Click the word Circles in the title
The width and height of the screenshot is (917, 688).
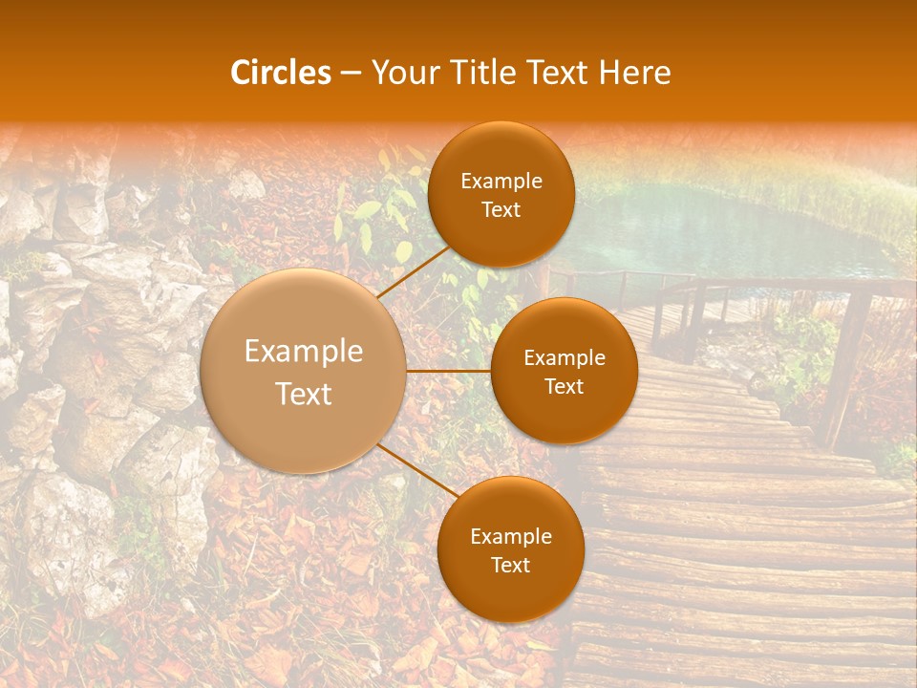[280, 73]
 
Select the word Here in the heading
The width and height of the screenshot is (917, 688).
[634, 73]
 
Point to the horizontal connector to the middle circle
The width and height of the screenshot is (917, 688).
[448, 371]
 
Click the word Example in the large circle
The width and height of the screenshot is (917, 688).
[304, 352]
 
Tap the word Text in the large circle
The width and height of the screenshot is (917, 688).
[304, 394]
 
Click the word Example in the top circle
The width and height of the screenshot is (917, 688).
[501, 182]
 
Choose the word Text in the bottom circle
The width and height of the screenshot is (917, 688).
[510, 566]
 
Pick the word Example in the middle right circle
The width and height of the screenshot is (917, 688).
[564, 358]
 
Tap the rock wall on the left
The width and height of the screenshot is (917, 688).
[86, 382]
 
